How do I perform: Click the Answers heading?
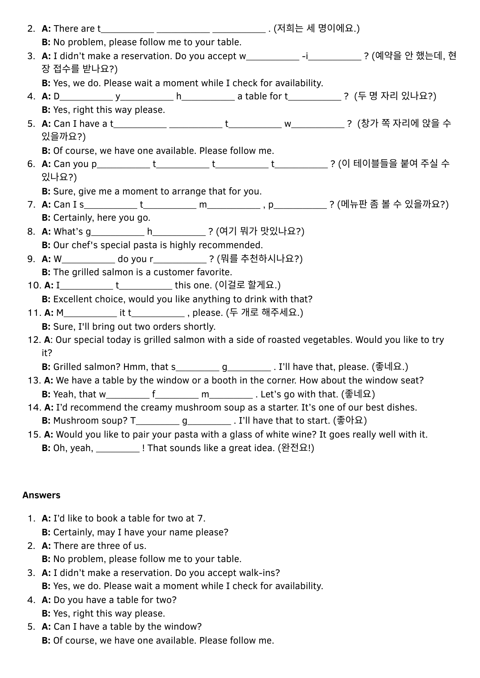(x=41, y=495)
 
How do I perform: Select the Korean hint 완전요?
(x=296, y=448)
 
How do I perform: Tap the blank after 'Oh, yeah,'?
(x=117, y=449)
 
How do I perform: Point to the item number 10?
(x=34, y=285)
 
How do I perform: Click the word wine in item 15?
(x=298, y=434)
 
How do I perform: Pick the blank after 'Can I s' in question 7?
(x=110, y=206)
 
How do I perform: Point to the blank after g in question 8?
(x=118, y=233)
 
